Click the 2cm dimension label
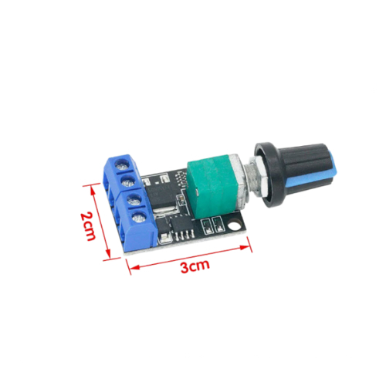click(x=88, y=226)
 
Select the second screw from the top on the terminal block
click(x=128, y=181)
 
